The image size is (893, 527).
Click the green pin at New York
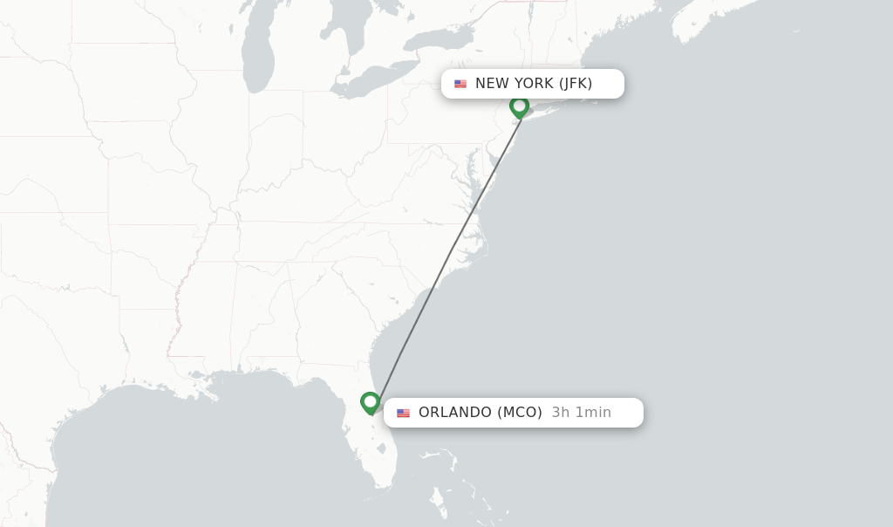[520, 106]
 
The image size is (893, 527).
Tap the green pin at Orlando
[371, 402]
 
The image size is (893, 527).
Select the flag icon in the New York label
[460, 84]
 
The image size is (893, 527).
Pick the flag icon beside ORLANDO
[403, 413]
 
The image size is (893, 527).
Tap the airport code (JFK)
[576, 84]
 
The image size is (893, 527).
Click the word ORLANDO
[455, 413]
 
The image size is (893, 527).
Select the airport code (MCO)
[520, 413]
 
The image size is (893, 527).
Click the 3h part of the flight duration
[560, 413]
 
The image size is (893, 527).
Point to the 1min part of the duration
[593, 413]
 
